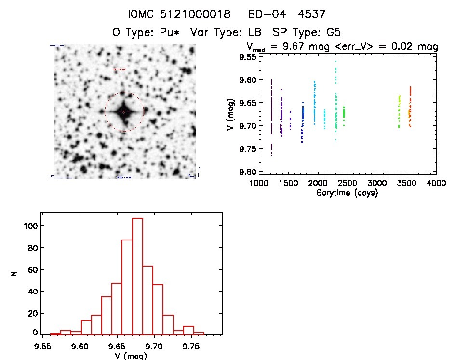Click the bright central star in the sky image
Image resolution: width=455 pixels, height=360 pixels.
coord(124,112)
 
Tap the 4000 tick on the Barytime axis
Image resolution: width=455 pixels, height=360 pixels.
coord(436,184)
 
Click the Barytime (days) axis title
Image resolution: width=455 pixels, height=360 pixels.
coord(347,193)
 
